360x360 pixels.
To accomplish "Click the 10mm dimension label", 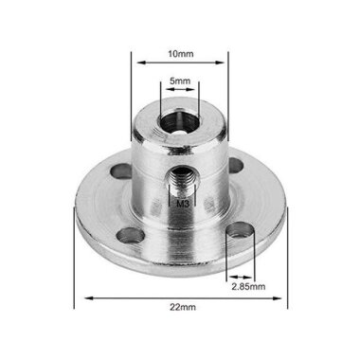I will pos(179,54).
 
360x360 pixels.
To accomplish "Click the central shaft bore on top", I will pos(179,120).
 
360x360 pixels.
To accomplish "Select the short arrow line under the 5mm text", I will pos(179,89).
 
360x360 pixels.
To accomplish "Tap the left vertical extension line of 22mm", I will pos(76,256).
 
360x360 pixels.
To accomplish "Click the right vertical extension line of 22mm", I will pos(285,256).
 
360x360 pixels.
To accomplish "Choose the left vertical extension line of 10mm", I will pos(130,85).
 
